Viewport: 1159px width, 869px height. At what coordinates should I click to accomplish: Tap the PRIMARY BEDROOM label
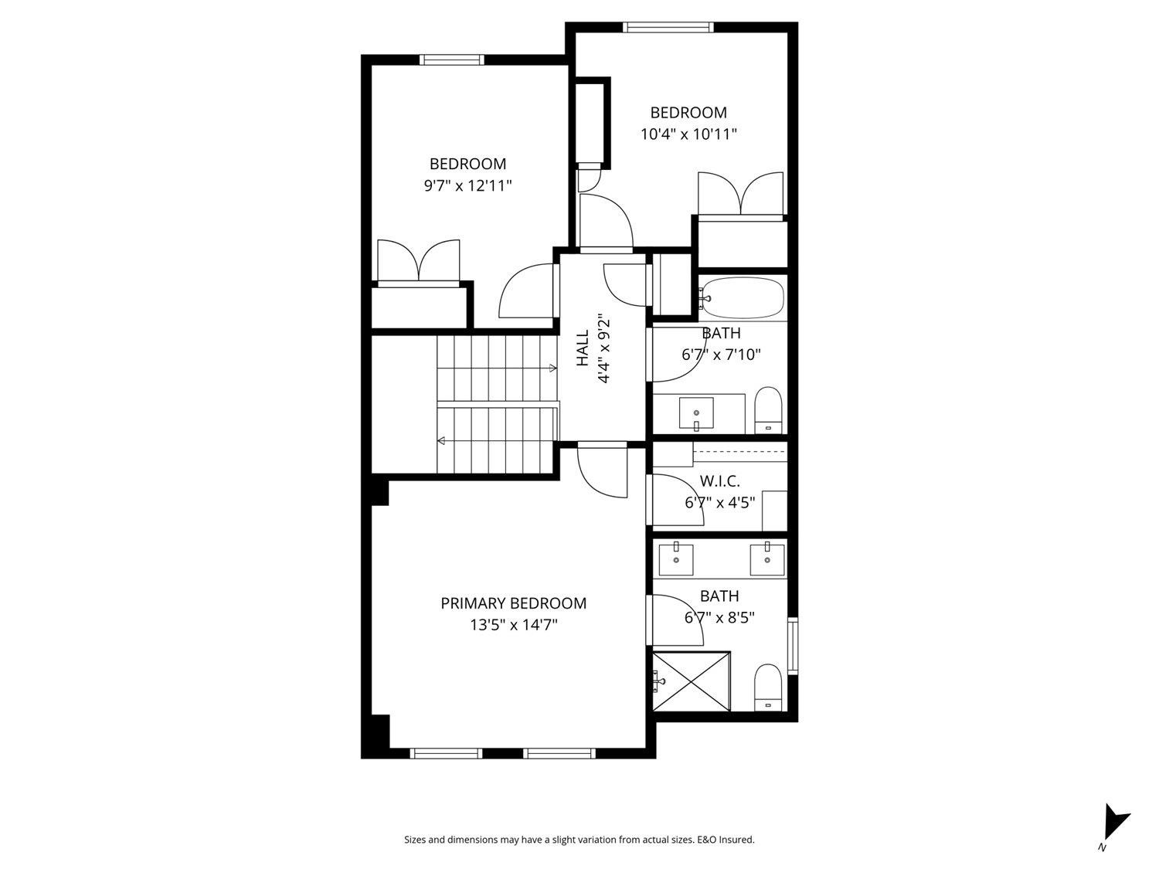pos(513,603)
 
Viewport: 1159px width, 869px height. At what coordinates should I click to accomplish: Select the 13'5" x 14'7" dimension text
pos(513,624)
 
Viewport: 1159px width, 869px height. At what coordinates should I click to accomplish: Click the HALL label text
pos(583,348)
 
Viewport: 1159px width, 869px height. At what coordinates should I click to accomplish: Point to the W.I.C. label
pos(719,481)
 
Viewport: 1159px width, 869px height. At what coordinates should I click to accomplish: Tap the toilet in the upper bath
pos(768,409)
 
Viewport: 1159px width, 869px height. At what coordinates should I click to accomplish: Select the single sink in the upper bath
pos(696,412)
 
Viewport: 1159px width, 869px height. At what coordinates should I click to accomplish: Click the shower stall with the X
pos(692,681)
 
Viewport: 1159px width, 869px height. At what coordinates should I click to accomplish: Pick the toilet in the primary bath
pos(768,687)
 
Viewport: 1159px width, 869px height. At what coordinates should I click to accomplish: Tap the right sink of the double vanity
pos(766,559)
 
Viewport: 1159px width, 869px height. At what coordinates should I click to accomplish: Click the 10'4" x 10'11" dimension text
pos(688,134)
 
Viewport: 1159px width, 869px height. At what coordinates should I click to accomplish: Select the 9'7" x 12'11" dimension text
pos(467,185)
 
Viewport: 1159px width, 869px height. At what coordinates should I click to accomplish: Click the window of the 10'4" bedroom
pos(668,28)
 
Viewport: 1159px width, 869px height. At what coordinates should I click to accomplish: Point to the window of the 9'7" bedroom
pos(452,59)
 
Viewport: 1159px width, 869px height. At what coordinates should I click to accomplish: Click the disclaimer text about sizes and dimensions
pos(579,840)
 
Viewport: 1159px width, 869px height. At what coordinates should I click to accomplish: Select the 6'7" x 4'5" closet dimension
pos(719,502)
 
